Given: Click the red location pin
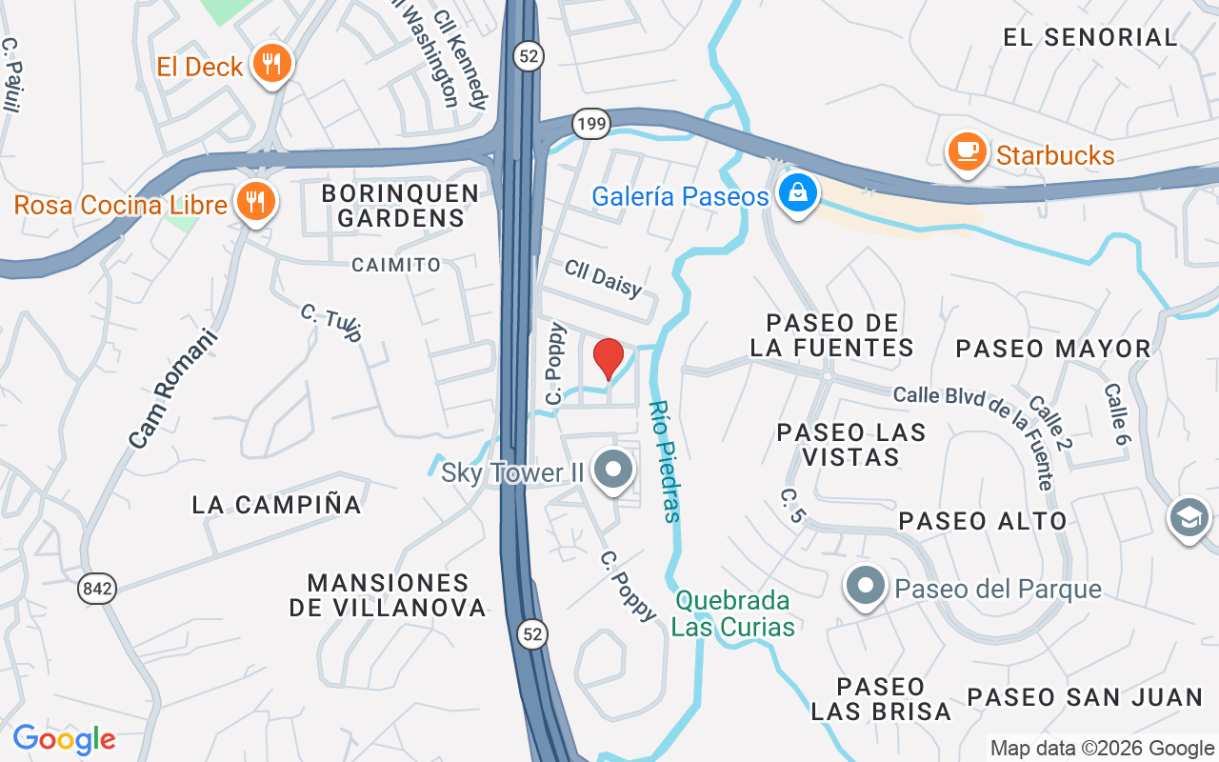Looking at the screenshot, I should point(609,359).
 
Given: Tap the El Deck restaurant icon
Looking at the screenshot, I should point(272,65).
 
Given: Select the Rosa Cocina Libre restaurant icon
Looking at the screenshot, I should point(255,202).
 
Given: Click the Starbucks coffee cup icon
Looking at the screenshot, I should point(968,152).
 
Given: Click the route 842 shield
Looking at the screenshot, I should point(97,589).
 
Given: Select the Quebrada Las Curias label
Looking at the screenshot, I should point(733,613).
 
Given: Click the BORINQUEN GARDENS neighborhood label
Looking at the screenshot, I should point(400,206).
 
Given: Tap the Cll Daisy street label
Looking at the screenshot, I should point(604,278).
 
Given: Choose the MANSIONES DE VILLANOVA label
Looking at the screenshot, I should point(388,594).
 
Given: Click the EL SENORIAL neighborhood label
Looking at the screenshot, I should point(1090,38).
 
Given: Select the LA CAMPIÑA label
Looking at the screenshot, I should point(276,504).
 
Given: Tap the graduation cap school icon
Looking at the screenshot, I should point(1189,519).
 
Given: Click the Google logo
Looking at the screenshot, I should point(64,739).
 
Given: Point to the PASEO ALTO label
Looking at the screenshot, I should point(983,521).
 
